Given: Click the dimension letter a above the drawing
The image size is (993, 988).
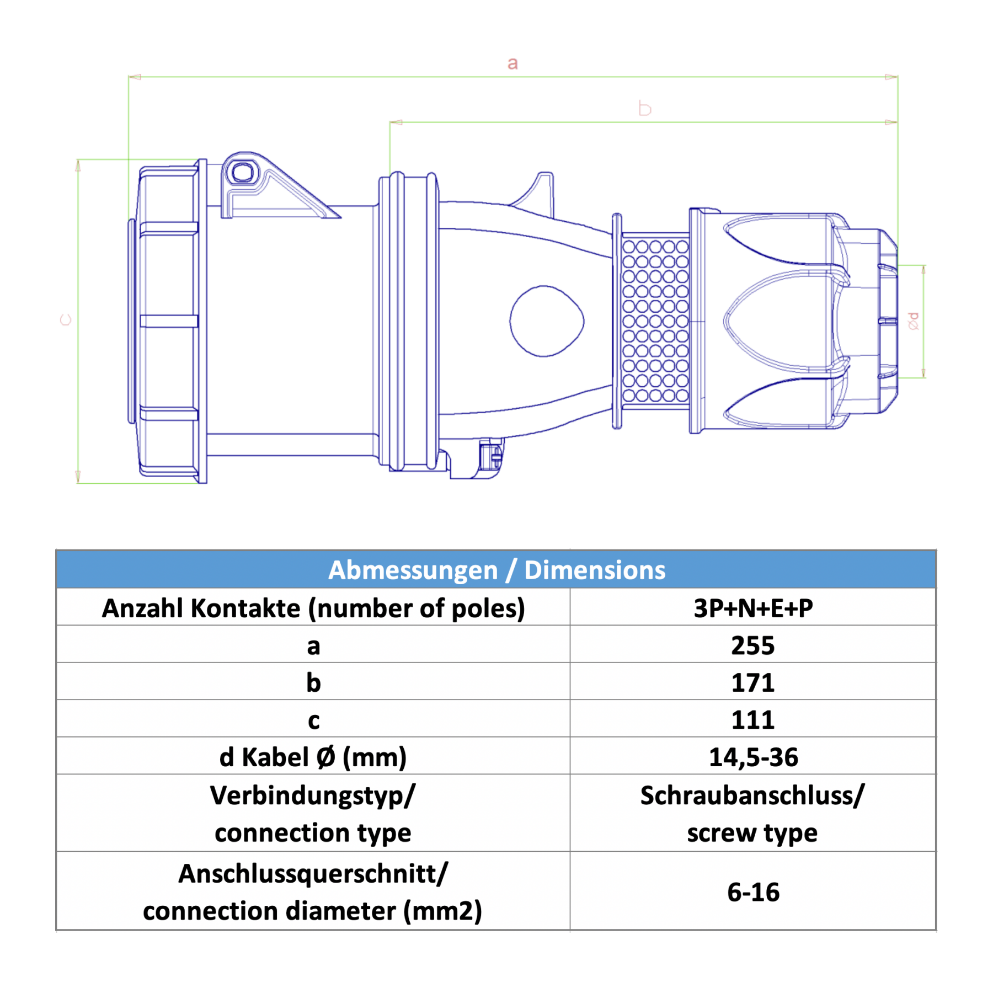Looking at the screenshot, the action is pyautogui.click(x=512, y=63).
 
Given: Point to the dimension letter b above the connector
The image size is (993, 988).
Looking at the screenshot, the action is pyautogui.click(x=644, y=108).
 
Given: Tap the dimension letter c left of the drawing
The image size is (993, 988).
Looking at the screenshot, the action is pyautogui.click(x=66, y=320).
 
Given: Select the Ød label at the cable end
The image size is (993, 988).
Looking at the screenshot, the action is pyautogui.click(x=914, y=321).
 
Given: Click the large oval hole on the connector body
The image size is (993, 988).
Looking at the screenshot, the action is pyautogui.click(x=547, y=321).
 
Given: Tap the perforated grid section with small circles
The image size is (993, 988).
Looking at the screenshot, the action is pyautogui.click(x=655, y=320).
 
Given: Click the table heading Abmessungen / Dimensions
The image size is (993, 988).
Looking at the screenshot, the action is pyautogui.click(x=496, y=570).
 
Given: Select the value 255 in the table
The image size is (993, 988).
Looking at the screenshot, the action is pyautogui.click(x=752, y=645).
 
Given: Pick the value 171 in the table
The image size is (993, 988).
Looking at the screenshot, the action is pyautogui.click(x=752, y=682).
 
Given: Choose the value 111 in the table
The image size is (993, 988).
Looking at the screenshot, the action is pyautogui.click(x=752, y=720).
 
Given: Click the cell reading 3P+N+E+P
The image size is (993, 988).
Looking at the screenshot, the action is pyautogui.click(x=753, y=608).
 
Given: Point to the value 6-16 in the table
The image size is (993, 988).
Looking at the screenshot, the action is pyautogui.click(x=753, y=892).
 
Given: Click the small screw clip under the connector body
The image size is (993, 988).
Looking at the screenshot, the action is pyautogui.click(x=490, y=456).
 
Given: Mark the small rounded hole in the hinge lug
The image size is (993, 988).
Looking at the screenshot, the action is pyautogui.click(x=242, y=173).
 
